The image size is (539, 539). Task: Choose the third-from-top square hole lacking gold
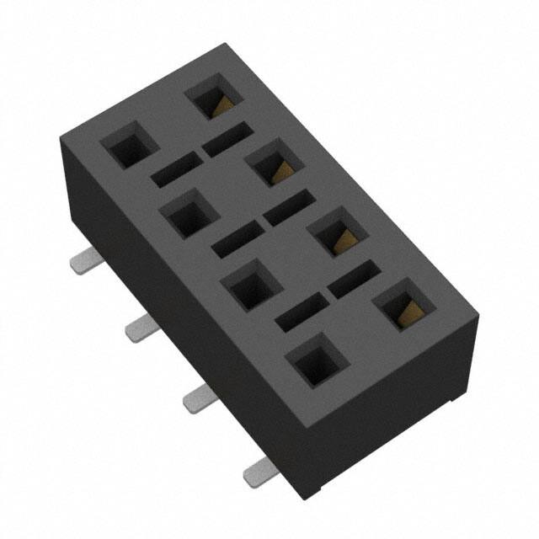click(x=249, y=286)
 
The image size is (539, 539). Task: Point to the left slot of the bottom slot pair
click(x=301, y=312)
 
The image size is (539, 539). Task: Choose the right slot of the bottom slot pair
click(x=354, y=279)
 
